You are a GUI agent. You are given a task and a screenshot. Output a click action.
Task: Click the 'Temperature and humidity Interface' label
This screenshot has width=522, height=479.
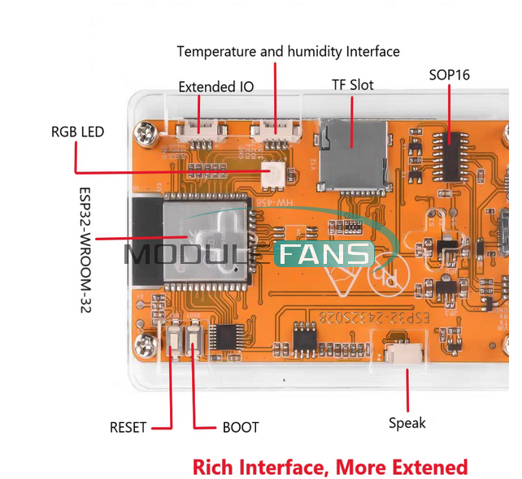(x=288, y=51)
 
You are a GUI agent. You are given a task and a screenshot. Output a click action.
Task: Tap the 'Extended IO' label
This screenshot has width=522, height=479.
(x=215, y=86)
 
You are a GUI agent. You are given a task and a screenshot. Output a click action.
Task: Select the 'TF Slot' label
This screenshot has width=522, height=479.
(x=352, y=84)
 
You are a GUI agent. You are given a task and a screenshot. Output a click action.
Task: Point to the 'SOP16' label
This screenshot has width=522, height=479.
(x=449, y=76)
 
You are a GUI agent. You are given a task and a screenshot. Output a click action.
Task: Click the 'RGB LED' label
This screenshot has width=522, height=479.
(x=77, y=131)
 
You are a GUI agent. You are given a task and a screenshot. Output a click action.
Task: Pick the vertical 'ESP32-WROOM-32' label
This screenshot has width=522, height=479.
(x=85, y=252)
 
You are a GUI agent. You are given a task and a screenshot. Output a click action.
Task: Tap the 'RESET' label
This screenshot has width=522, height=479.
(x=128, y=427)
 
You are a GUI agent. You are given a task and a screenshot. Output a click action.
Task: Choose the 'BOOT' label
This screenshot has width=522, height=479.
(x=240, y=427)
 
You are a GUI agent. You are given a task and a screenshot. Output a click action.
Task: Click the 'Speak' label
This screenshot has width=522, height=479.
(x=407, y=422)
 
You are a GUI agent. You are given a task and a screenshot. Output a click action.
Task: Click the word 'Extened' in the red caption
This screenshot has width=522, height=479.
(x=428, y=467)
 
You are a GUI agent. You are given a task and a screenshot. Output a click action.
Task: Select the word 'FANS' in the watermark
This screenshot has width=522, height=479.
(x=324, y=254)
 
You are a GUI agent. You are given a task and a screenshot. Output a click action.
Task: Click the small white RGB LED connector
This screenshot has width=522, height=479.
(x=270, y=174)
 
